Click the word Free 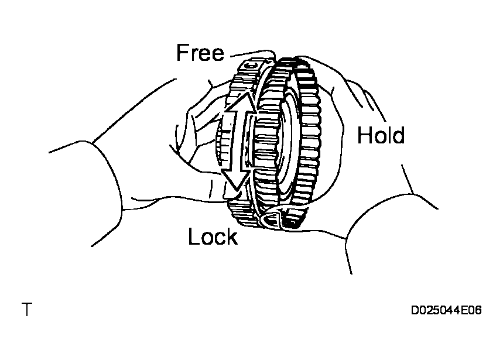pos(200,53)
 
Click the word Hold pos(381,136)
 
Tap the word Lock pos(213,237)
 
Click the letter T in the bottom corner pos(26,310)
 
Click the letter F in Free pos(182,53)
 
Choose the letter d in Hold pos(398,136)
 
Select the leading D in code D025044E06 pos(415,311)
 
